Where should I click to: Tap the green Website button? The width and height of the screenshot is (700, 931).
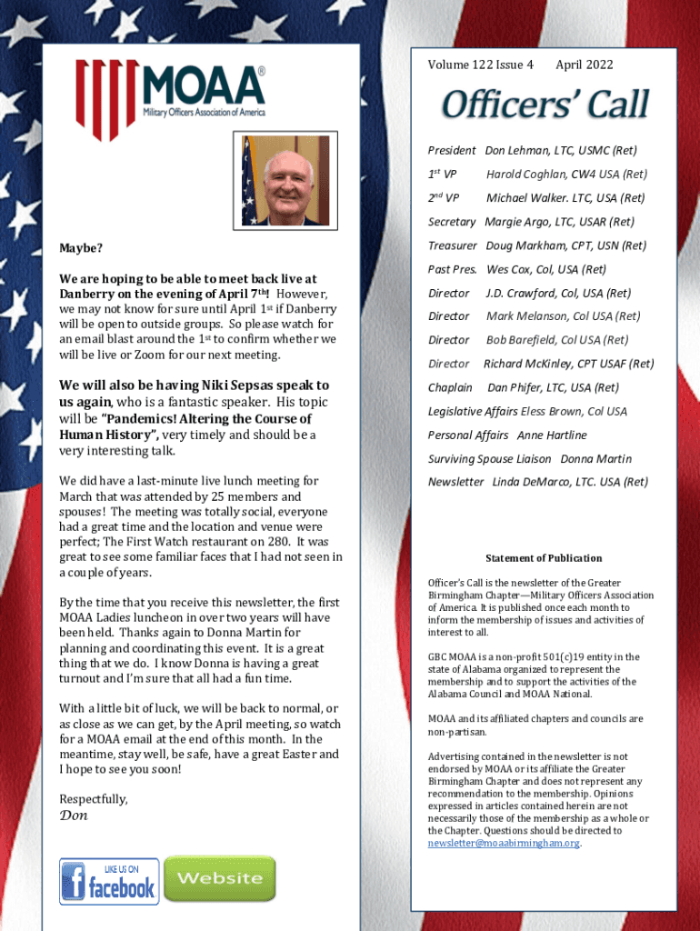tap(219, 878)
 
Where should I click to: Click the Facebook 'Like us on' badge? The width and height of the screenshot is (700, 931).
tap(109, 881)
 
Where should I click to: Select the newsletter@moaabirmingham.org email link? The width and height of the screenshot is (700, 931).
tap(503, 843)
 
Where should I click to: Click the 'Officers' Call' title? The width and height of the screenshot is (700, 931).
tap(545, 105)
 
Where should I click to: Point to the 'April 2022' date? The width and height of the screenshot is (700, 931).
tap(584, 65)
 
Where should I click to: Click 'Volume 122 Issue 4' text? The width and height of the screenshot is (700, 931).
tap(480, 65)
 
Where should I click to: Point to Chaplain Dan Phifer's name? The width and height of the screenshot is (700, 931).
tap(516, 387)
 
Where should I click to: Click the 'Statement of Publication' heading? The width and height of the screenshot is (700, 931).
tap(544, 558)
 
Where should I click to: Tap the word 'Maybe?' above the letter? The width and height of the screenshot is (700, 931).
tap(81, 248)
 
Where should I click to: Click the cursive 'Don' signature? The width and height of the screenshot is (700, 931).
tap(74, 816)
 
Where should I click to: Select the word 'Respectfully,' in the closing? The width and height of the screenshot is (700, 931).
tap(94, 798)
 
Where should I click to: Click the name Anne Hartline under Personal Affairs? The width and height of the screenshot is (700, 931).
tap(552, 435)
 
